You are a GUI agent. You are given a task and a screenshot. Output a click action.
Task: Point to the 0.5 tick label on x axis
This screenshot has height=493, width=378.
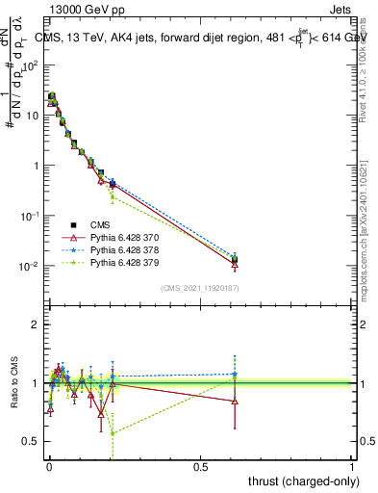(x=200, y=464)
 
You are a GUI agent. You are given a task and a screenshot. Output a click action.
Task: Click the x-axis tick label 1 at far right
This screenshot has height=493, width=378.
(x=352, y=464)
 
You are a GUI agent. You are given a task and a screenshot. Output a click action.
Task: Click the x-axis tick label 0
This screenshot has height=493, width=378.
(x=49, y=464)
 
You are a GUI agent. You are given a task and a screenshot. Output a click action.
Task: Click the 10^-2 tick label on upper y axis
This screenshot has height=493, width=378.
(x=29, y=266)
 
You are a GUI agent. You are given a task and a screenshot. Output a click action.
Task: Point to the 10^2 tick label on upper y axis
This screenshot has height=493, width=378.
(x=29, y=65)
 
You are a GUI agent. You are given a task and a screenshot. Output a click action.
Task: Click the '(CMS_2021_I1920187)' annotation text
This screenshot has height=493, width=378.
(x=199, y=287)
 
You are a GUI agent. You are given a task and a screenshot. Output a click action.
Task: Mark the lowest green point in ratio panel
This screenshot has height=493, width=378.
(x=113, y=432)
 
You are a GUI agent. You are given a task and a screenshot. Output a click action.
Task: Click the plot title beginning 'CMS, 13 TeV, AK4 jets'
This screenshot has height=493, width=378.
(x=197, y=38)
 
